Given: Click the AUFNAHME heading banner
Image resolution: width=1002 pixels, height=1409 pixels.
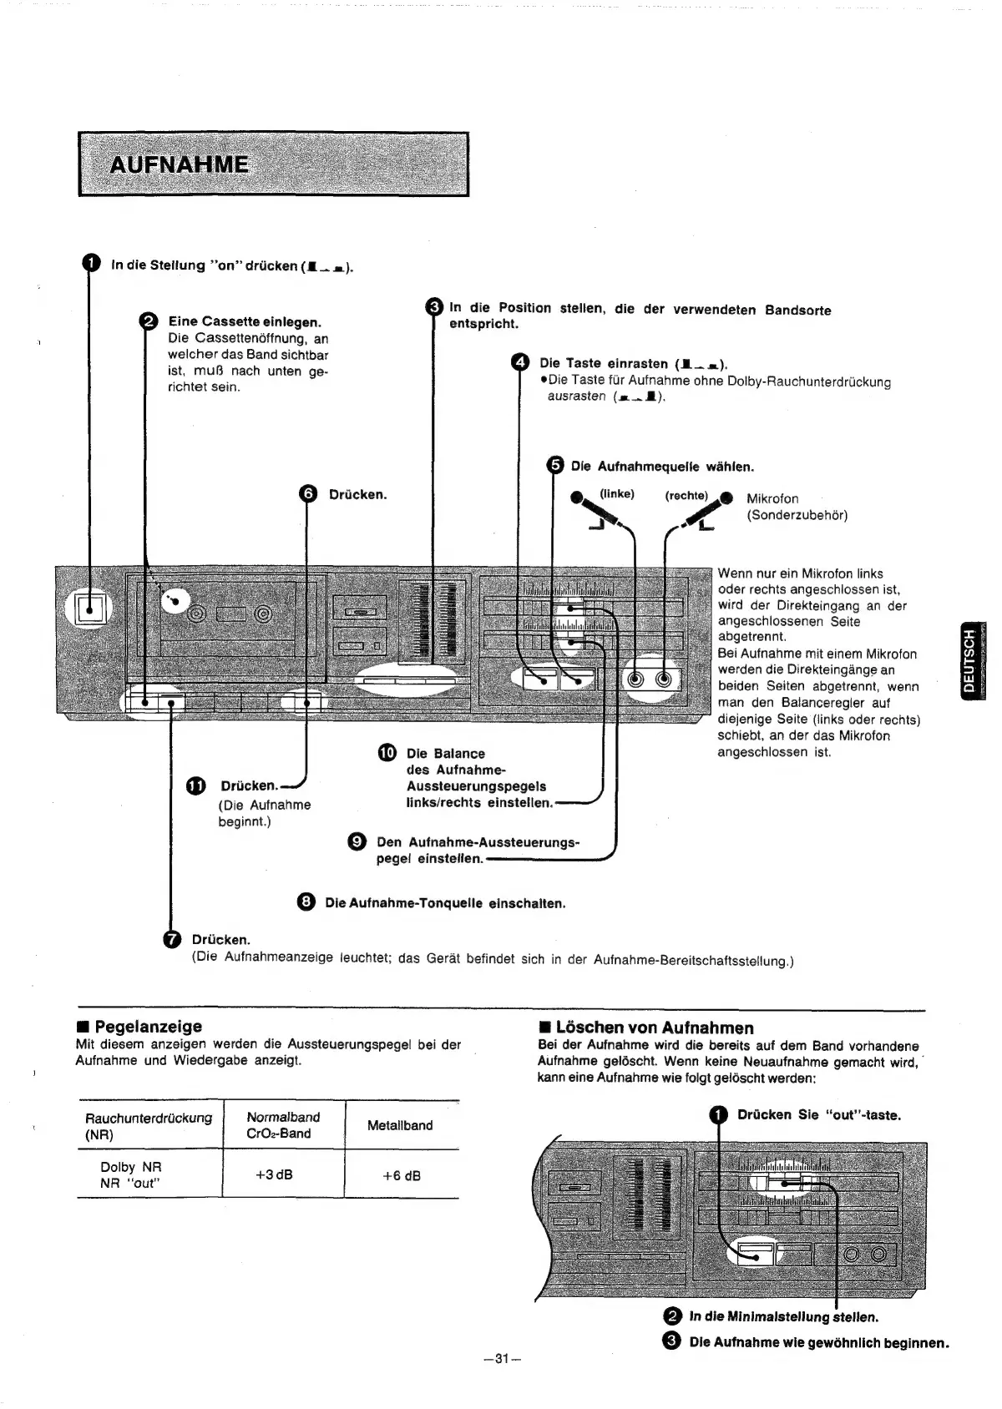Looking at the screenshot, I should pos(273,164).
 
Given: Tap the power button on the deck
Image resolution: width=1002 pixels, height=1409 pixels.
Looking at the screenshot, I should pos(89,609).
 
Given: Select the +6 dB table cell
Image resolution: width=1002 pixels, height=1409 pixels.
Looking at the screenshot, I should pos(401,1175).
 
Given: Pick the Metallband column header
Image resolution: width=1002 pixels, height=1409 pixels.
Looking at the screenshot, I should pos(400,1125).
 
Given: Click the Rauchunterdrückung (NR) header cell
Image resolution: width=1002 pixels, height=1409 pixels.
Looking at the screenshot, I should pos(149,1126).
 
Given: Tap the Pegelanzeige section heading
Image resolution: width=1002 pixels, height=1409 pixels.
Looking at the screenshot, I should pos(147,1026).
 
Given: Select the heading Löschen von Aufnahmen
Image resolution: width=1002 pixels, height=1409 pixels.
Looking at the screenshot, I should pos(654,1028).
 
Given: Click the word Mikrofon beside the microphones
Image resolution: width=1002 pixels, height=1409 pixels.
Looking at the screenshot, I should pos(772,498).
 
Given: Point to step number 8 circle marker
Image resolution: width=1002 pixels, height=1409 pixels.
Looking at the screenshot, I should pos(306,902).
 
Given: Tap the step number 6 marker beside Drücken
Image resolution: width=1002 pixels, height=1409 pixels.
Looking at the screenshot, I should pos(308,494).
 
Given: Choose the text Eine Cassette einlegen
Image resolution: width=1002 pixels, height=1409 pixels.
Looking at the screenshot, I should pos(245,322).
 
